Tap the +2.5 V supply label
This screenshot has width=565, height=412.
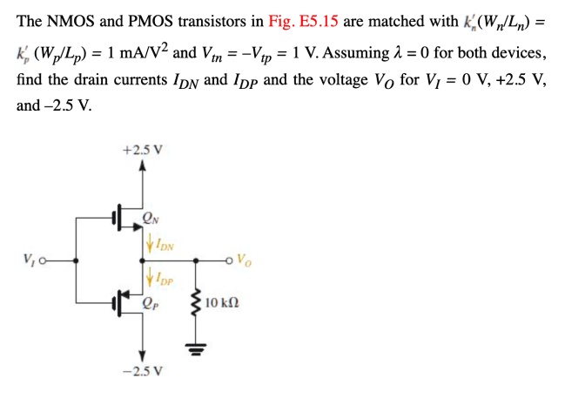point(143,149)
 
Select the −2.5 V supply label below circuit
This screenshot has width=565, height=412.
point(143,371)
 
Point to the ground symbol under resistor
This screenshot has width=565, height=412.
point(196,349)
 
